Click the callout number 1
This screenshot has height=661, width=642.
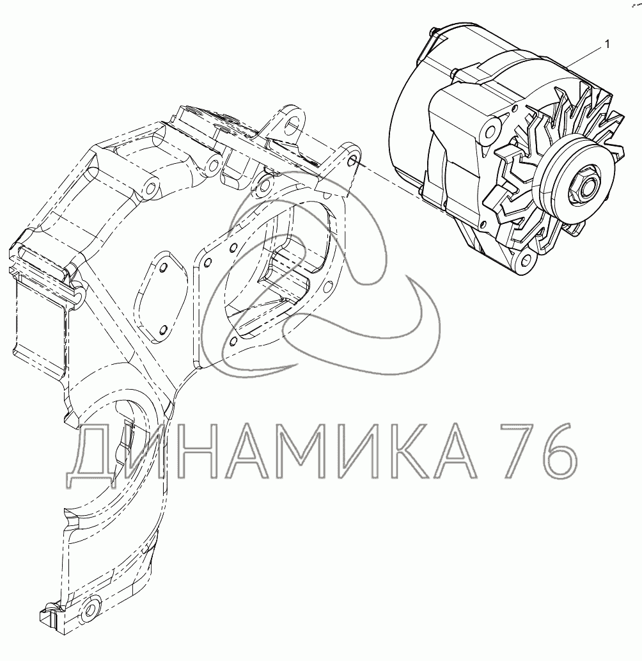607,44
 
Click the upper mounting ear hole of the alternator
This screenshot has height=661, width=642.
490,129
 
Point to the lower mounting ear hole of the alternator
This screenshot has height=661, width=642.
526,259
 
